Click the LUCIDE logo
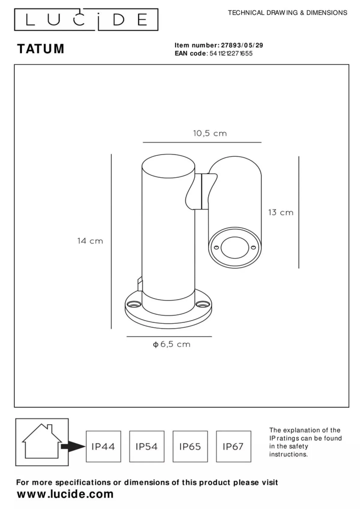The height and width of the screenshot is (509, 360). click(x=86, y=20)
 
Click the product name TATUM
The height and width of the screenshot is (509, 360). click(x=41, y=49)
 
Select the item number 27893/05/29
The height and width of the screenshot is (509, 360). click(x=242, y=45)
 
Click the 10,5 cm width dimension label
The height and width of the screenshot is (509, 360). click(x=210, y=133)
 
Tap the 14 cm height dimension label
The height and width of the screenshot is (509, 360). click(x=90, y=241)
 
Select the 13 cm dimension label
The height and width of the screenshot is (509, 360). click(x=280, y=213)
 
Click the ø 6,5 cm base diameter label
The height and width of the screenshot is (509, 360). click(x=172, y=344)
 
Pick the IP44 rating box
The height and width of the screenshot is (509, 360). click(x=103, y=446)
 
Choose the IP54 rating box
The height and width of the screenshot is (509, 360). click(x=147, y=446)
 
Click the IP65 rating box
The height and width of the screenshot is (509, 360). click(x=190, y=446)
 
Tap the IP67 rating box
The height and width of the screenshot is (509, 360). click(x=233, y=446)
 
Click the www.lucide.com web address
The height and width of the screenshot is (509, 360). click(x=65, y=494)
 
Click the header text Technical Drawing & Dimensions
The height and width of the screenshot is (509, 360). click(x=287, y=13)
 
